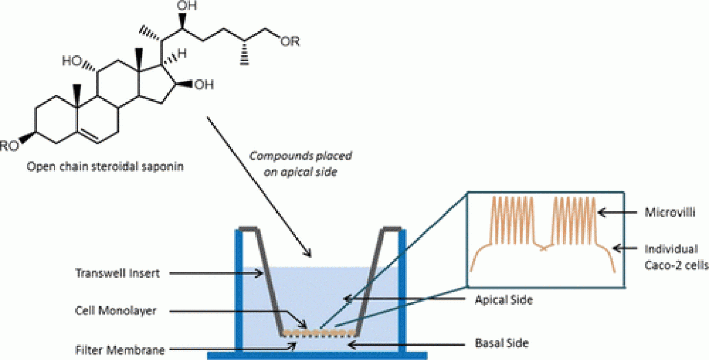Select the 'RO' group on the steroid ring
pos(10,145)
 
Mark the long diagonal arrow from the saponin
pos(259,187)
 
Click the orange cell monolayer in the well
pos(319,332)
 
